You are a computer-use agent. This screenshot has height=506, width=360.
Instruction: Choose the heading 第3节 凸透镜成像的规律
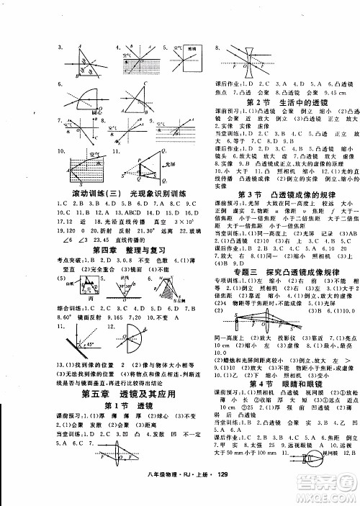[x=278, y=196]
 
